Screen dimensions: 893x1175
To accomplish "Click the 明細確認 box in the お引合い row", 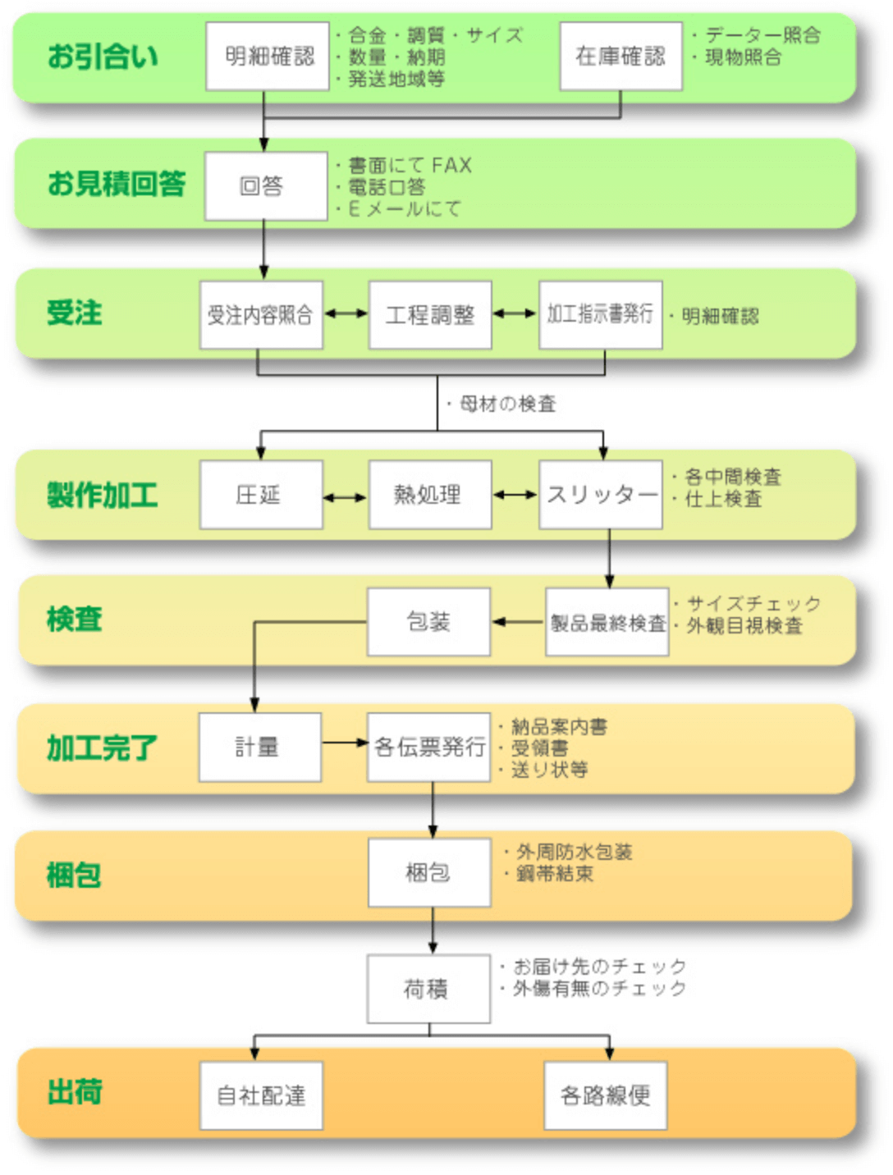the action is (x=267, y=57).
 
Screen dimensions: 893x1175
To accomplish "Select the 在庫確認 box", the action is (x=621, y=57).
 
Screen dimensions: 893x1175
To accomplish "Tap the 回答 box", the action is (x=266, y=185).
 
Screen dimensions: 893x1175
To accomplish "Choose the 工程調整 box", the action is (x=430, y=315).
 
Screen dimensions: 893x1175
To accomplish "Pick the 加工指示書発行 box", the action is (x=601, y=315).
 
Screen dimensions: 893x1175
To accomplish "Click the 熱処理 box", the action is (x=430, y=495).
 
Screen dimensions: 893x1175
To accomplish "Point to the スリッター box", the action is (x=601, y=495).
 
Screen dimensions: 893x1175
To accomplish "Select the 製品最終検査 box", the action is (x=607, y=621).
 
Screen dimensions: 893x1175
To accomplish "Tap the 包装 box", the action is (x=428, y=621).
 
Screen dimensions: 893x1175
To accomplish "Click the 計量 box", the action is (x=260, y=748).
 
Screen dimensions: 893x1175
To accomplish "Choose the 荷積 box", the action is (x=428, y=988).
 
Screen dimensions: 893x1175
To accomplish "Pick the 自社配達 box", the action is (x=261, y=1095).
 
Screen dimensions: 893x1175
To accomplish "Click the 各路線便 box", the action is (x=606, y=1095).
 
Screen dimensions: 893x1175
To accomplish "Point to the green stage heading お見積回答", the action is (x=117, y=184).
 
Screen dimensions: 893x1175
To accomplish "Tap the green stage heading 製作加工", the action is (x=103, y=495).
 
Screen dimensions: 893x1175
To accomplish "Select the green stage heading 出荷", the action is (x=75, y=1092).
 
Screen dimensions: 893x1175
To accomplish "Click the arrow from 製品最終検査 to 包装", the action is (x=518, y=621).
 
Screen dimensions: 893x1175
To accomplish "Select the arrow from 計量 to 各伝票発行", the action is (x=346, y=743).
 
